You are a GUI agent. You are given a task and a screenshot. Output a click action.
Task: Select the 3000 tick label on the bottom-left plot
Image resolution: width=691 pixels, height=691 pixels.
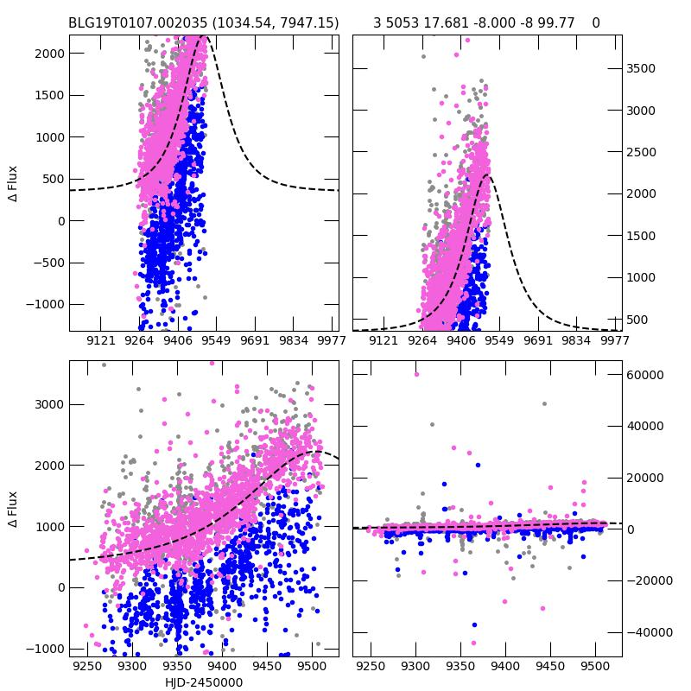[47, 404]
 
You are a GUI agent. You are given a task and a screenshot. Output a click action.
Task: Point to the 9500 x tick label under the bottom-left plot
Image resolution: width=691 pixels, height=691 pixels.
[311, 667]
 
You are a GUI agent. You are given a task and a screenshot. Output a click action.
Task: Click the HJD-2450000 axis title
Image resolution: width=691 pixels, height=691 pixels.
[204, 682]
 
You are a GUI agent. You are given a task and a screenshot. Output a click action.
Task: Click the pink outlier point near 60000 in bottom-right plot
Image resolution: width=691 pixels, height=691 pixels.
[416, 374]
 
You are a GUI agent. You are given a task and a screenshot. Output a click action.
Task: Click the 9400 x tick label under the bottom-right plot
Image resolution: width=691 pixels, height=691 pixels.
[505, 667]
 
